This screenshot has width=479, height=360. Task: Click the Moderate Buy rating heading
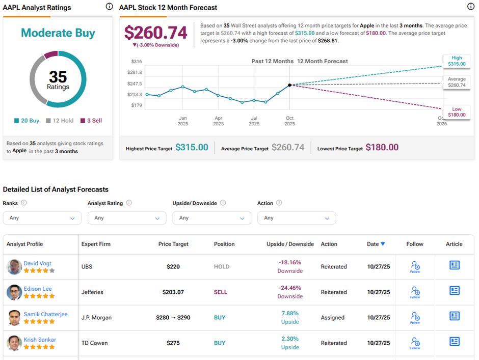pos(58,33)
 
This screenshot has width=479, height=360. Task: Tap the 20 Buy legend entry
pos(26,121)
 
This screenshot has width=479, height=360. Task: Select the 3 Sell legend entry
pos(91,121)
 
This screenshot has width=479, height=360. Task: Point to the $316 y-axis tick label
pos(136,62)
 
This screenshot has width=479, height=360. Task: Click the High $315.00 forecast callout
pos(457,61)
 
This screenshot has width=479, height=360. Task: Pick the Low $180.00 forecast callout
pos(457,112)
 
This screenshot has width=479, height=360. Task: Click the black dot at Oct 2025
pos(289,85)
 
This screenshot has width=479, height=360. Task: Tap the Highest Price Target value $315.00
pos(192,148)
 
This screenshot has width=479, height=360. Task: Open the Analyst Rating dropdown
pos(127,218)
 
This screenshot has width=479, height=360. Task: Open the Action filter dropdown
pos(297,218)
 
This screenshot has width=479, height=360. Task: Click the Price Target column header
pos(173,244)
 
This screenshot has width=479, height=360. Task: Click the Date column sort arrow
pos(383,244)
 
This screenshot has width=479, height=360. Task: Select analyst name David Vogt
pos(37,263)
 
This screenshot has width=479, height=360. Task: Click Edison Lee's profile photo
pos(14,292)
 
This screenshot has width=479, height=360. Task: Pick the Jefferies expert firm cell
pos(92,292)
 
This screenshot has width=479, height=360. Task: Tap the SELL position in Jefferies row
pos(221,292)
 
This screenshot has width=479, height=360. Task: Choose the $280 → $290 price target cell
pos(173,318)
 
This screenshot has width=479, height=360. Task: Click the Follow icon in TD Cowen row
pos(415,343)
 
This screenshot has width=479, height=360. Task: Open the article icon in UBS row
pos(454,265)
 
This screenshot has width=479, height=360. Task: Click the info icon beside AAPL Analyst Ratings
pos(109,7)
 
